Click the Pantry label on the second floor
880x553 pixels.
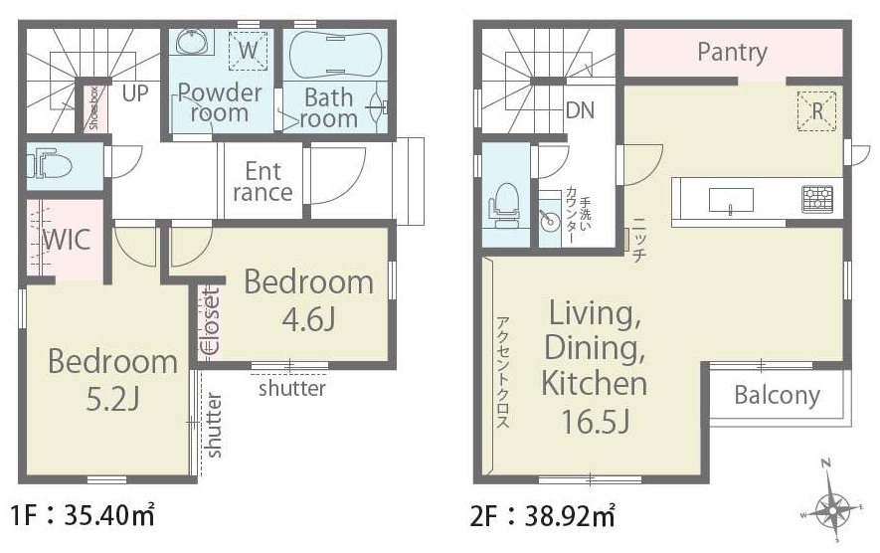pos(732,52)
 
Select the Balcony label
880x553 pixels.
pos(777,395)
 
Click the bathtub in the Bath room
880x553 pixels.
pos(336,55)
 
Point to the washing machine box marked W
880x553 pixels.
pos(248,50)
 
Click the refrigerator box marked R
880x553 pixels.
pos(817,111)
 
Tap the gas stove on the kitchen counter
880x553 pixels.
pos(817,199)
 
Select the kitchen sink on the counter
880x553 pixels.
pos(731,201)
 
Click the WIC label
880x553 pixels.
pos(67,240)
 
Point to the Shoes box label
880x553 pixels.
pos(93,107)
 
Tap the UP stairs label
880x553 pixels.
pos(135,93)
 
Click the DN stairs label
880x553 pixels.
pos(581,110)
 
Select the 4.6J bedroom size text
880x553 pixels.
pos(308,320)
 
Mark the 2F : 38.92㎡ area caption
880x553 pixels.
pos(542,516)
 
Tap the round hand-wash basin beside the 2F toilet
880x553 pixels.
pos(548,220)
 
